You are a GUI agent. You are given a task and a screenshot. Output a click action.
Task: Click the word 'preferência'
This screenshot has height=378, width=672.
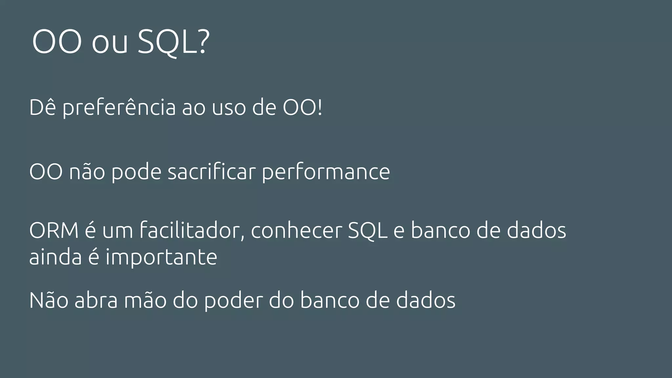119,108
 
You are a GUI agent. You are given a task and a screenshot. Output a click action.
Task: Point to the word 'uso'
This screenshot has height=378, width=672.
229,108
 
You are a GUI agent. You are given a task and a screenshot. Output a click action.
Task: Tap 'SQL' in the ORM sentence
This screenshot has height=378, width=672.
367,231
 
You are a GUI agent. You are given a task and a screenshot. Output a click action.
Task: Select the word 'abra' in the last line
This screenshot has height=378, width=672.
96,300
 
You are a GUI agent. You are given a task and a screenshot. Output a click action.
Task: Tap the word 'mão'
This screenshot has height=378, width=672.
145,300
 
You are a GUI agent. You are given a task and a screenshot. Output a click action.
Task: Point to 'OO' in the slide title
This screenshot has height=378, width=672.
57,42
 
